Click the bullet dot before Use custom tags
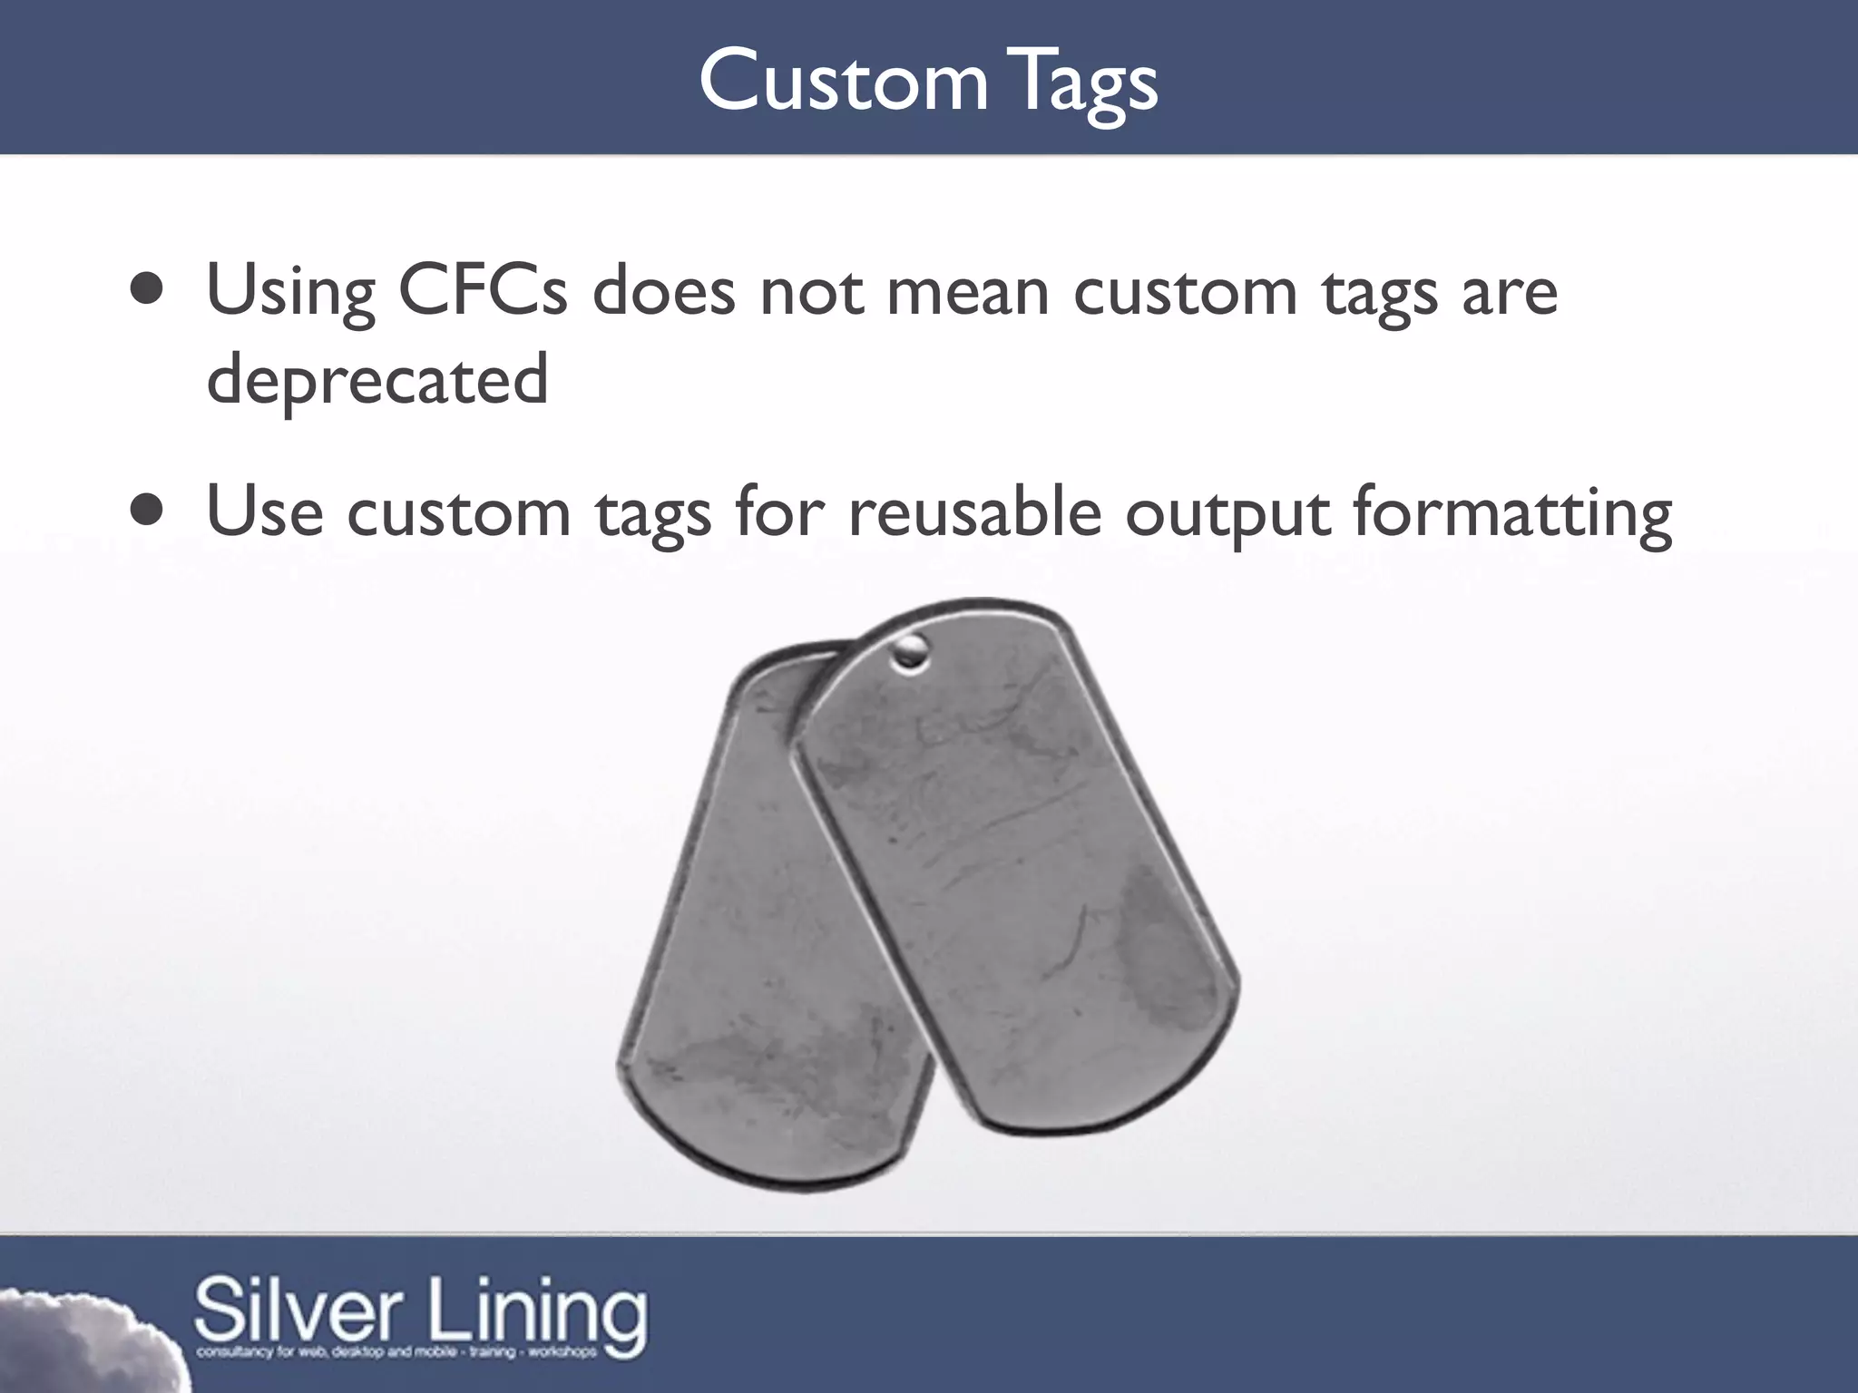pyautogui.click(x=146, y=511)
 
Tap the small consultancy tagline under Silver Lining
pyautogui.click(x=396, y=1352)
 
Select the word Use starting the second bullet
pyautogui.click(x=264, y=512)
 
